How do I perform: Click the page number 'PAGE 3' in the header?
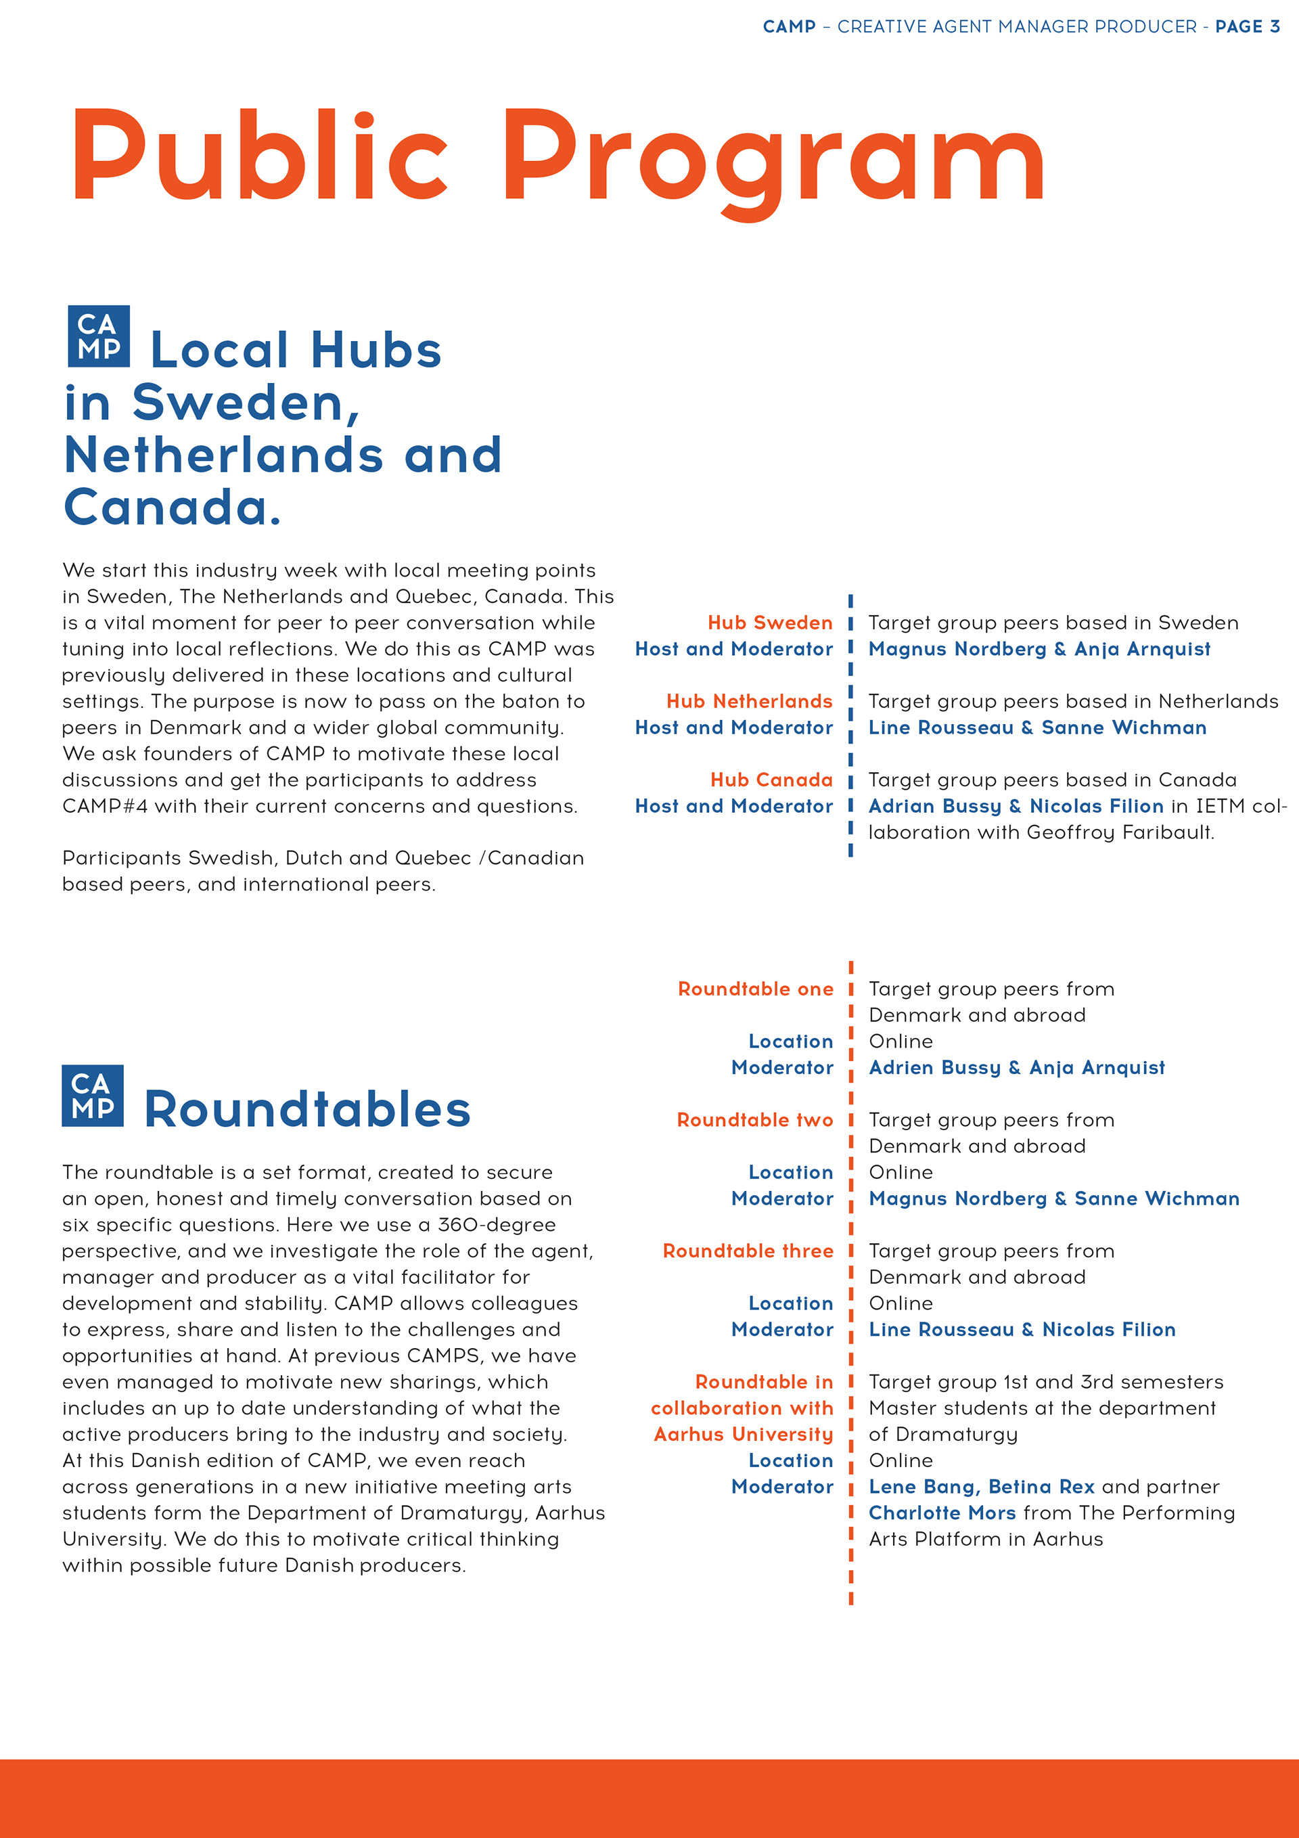tap(1247, 27)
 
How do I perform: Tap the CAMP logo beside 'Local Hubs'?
tap(99, 336)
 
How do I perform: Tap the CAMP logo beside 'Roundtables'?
tap(93, 1095)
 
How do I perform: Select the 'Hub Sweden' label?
tap(769, 623)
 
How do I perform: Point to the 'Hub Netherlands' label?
tap(749, 701)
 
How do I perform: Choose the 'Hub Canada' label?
tap(771, 780)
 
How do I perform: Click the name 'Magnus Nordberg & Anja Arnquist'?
tap(1039, 649)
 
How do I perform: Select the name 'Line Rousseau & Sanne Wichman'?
tap(1037, 727)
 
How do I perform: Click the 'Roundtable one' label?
tap(755, 989)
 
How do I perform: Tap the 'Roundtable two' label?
tap(755, 1120)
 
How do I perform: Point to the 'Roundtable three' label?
tap(748, 1251)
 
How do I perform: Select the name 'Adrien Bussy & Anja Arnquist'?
tap(1016, 1068)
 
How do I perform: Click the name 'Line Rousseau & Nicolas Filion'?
tap(1022, 1330)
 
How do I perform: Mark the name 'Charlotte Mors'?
tap(942, 1513)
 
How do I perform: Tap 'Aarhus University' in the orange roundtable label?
tap(743, 1435)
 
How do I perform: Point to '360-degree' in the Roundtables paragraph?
tap(496, 1225)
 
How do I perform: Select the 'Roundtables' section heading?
tap(307, 1110)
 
